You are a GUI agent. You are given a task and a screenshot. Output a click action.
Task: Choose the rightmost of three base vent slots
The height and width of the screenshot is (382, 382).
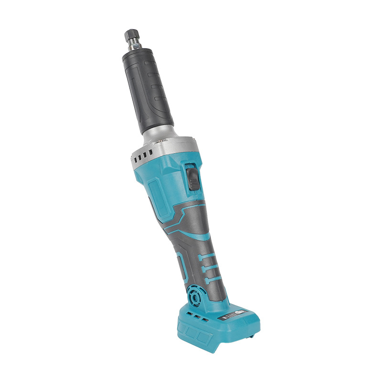(x=205, y=319)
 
